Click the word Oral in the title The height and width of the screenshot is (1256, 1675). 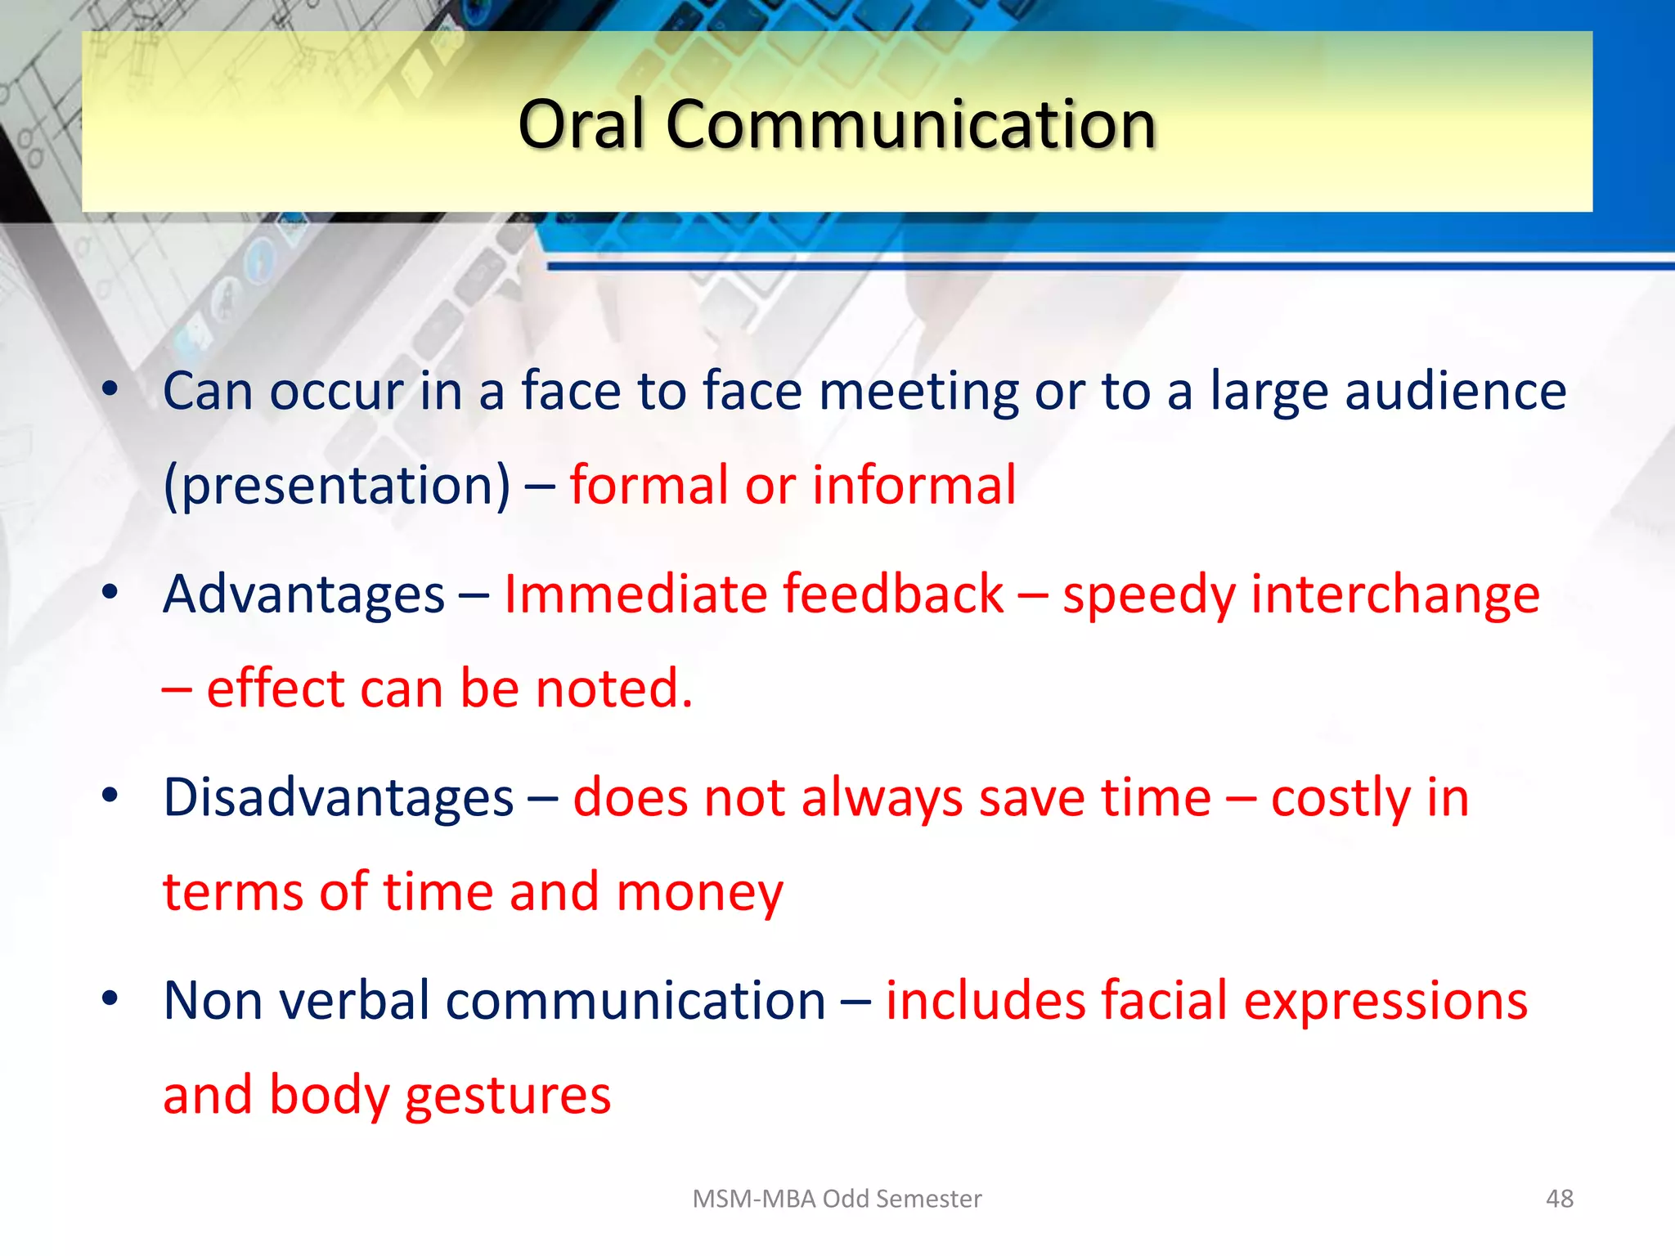[582, 124]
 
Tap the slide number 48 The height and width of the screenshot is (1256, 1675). [1559, 1199]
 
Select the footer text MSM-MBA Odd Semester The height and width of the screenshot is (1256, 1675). [837, 1199]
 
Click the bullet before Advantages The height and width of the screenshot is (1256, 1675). [110, 592]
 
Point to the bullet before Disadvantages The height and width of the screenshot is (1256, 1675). [110, 795]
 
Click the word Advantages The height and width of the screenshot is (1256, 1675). [303, 594]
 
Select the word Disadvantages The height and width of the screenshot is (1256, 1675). [338, 797]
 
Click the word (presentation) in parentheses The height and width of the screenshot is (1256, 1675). [337, 486]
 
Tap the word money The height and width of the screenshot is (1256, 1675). [699, 892]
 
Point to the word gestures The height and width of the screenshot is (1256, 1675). [507, 1097]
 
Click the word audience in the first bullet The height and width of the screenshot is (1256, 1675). [1455, 391]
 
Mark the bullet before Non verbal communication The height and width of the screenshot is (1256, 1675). [110, 998]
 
